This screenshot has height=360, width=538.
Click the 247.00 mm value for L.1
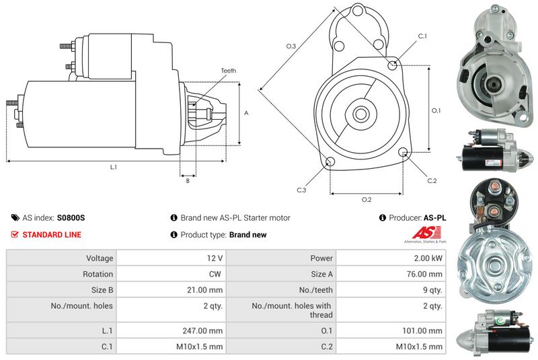click(x=206, y=331)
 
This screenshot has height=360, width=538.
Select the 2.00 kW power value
click(x=428, y=258)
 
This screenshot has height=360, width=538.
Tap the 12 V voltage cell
click(x=215, y=258)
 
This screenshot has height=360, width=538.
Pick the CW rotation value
click(x=215, y=274)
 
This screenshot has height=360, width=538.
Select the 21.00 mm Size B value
click(x=206, y=290)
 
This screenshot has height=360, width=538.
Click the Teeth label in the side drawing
click(x=228, y=71)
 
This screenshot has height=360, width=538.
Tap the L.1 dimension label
click(x=114, y=166)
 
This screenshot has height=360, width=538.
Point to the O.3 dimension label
click(x=291, y=46)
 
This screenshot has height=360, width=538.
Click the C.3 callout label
click(x=302, y=190)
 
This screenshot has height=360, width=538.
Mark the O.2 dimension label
click(x=367, y=199)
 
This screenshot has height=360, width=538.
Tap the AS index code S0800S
click(x=71, y=218)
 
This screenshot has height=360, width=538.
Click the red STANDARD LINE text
click(x=52, y=235)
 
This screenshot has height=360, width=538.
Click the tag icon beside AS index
click(x=15, y=218)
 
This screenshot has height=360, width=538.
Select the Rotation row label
click(x=99, y=274)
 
